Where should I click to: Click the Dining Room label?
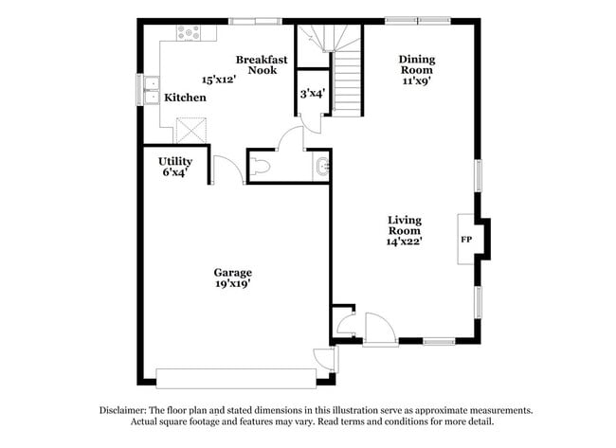pyautogui.click(x=416, y=63)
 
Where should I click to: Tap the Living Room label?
pyautogui.click(x=405, y=224)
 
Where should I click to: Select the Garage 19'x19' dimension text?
pyautogui.click(x=232, y=282)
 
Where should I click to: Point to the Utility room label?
pyautogui.click(x=175, y=162)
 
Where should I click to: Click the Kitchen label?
pyautogui.click(x=186, y=98)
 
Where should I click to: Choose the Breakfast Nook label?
pyautogui.click(x=262, y=64)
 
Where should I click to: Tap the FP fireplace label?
pyautogui.click(x=466, y=240)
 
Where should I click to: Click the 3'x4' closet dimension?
pyautogui.click(x=312, y=94)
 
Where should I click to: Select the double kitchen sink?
pyautogui.click(x=152, y=90)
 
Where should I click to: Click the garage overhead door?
pyautogui.click(x=237, y=378)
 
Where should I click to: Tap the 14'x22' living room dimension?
pyautogui.click(x=405, y=241)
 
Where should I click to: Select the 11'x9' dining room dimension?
pyautogui.click(x=416, y=81)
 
